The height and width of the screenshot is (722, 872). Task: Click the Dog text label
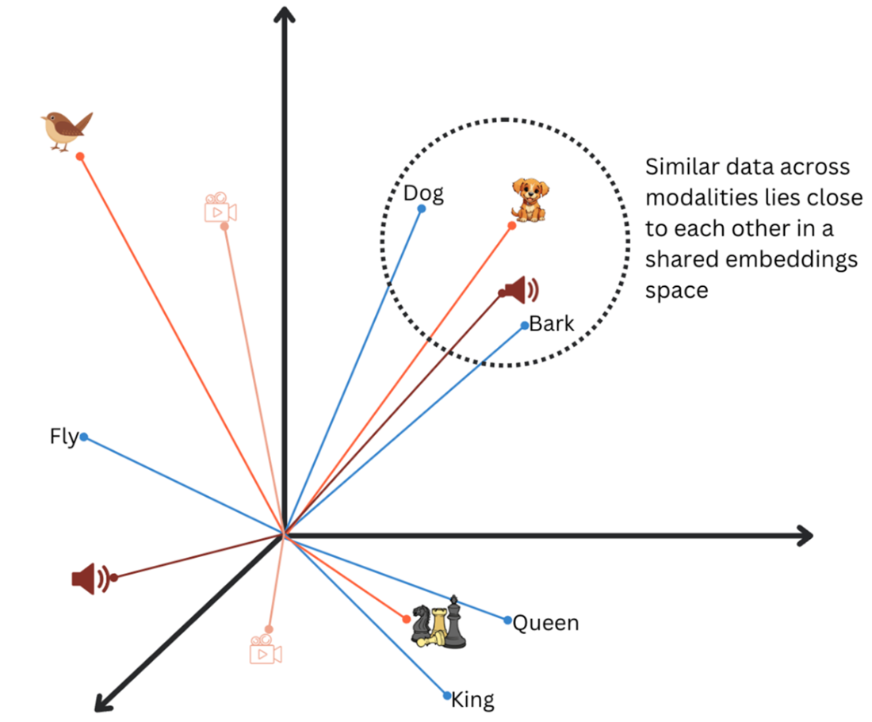tap(423, 193)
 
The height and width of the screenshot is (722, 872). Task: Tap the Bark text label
tap(552, 323)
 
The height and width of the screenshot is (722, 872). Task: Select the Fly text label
tap(63, 436)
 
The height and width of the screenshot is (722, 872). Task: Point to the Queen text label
tap(545, 623)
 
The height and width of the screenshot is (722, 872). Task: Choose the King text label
tap(472, 700)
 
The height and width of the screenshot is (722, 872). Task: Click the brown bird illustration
tap(66, 129)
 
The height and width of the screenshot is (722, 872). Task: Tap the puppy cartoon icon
tap(530, 200)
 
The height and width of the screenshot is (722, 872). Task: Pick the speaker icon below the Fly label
tap(90, 579)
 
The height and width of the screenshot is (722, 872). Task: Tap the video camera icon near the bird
tap(220, 208)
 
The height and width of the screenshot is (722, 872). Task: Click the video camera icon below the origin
tap(266, 650)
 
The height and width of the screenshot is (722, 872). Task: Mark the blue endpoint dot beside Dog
tap(422, 209)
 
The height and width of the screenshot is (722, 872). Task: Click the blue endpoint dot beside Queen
tap(507, 620)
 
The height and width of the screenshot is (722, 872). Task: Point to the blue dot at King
tap(448, 696)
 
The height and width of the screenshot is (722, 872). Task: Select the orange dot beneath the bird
tap(80, 156)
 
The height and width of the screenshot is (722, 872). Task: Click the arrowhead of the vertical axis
tap(283, 14)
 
